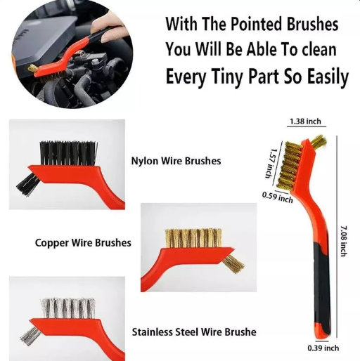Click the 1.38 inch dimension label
point(305,122)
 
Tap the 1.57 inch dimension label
point(271,163)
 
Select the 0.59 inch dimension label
point(278,197)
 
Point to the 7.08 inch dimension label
point(343,241)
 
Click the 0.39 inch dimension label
point(323,348)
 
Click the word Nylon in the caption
point(144,162)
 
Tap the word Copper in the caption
point(52,243)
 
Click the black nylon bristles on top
point(68,153)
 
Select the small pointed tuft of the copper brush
point(233,264)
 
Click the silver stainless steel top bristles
point(68,308)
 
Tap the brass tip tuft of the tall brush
point(319,141)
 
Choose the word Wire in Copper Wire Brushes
point(81,242)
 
